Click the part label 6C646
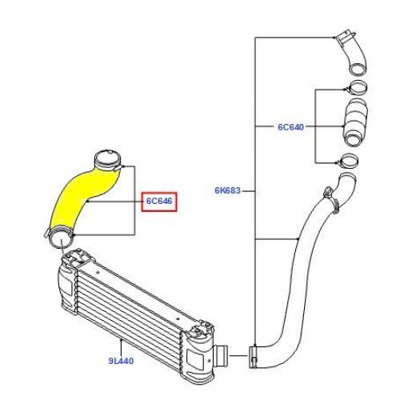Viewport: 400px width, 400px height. click(x=159, y=201)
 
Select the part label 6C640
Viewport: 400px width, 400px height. click(x=290, y=127)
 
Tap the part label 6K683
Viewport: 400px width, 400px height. click(x=228, y=190)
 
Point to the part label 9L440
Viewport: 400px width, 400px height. click(x=121, y=361)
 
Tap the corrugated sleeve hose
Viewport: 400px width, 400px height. click(x=355, y=122)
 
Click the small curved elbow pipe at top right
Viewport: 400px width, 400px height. click(x=353, y=54)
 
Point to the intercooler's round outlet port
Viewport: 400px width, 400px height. click(x=222, y=356)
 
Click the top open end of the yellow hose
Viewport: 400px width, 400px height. click(x=108, y=159)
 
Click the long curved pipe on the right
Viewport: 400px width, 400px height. click(x=298, y=266)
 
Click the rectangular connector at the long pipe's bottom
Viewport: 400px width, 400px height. click(x=254, y=357)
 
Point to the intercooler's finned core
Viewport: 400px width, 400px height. click(x=130, y=306)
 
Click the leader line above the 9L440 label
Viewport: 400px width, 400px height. click(x=122, y=348)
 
